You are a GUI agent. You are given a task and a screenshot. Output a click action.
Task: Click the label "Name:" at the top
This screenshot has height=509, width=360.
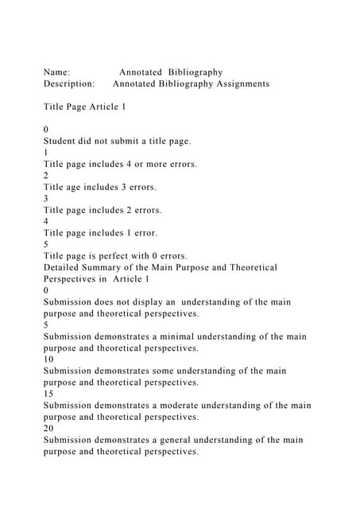coord(57,72)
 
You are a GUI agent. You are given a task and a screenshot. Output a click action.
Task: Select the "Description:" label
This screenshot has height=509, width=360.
coord(70,84)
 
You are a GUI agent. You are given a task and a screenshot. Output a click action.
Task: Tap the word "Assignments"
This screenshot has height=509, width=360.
coord(239,84)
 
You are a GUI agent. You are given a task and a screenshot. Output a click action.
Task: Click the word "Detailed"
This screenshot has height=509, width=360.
coord(64,267)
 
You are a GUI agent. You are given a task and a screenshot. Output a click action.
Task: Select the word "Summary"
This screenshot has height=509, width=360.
coord(113,267)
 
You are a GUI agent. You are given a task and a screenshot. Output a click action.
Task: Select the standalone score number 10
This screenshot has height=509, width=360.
coord(48,359)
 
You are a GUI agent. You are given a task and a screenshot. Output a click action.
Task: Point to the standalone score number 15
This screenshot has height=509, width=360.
coord(48,394)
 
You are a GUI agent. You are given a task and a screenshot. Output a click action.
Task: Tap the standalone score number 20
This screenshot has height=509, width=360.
coord(48,428)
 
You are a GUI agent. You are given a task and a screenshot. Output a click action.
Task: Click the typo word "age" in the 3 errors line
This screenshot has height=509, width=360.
coord(78,187)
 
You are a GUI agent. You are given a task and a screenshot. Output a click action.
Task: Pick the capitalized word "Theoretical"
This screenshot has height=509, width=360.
coord(249,267)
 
